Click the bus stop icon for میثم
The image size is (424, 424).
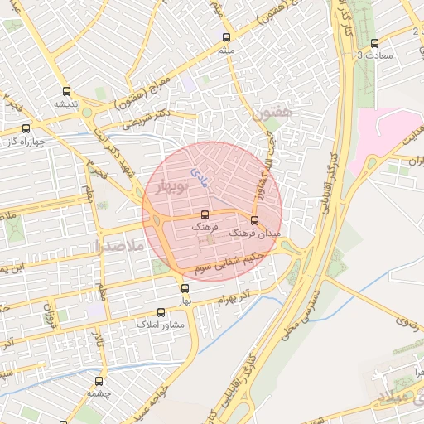226,37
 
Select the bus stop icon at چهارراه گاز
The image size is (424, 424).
26,128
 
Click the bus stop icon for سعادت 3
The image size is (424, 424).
375,43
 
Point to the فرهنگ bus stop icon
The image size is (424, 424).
205,214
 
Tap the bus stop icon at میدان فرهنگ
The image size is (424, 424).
254,220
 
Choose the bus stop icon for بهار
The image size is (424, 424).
185,288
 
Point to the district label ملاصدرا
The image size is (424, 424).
119,246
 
